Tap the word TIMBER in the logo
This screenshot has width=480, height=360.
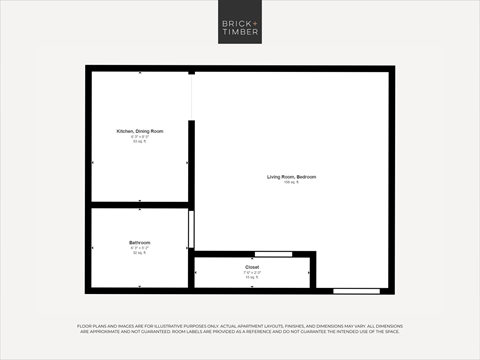(240, 32)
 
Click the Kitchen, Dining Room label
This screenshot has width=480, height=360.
(140, 131)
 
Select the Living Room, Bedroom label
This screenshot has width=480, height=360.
(291, 177)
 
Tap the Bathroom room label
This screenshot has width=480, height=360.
(139, 243)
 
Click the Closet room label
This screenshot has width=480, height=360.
(252, 268)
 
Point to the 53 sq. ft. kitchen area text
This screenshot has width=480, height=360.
(140, 142)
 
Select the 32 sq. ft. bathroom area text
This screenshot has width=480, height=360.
(139, 253)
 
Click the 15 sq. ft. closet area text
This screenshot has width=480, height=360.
(252, 278)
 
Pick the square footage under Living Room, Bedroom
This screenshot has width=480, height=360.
(291, 183)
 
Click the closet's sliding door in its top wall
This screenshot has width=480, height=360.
(273, 255)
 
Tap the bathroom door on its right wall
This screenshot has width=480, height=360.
(190, 229)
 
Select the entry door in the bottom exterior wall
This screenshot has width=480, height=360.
(356, 291)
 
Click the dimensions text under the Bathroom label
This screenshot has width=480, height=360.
(139, 248)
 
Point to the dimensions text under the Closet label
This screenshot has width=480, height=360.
(252, 273)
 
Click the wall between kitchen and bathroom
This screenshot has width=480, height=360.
(140, 205)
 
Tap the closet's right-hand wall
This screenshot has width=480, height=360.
(313, 272)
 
